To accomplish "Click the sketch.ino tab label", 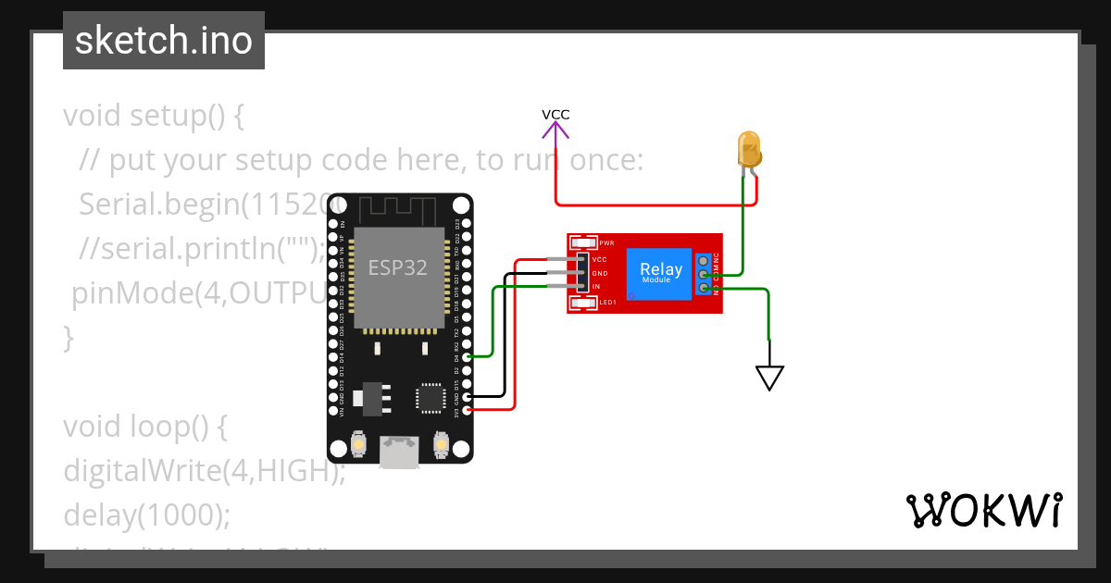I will coord(163,41).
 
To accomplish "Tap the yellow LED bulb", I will coord(748,148).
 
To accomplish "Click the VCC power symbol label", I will coord(555,115).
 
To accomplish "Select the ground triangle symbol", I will coord(769,377).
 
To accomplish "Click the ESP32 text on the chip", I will coord(398,267).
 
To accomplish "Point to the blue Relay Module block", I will coord(661,273).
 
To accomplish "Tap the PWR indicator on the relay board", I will coord(586,243).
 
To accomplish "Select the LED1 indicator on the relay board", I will coord(586,302).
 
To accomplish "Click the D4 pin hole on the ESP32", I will coord(467,356).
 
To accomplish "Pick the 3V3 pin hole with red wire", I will coord(467,408).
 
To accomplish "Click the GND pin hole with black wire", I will coord(467,395).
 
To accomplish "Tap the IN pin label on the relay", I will coord(596,287).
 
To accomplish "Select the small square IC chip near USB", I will coord(431,397).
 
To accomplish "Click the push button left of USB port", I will coord(357,447).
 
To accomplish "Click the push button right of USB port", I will coord(442,447).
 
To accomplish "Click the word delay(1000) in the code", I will coord(146,514).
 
